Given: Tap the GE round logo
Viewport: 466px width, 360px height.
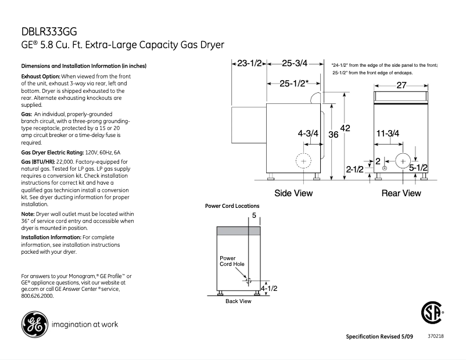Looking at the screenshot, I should tap(34, 324).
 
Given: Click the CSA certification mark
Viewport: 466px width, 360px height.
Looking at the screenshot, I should tap(431, 314).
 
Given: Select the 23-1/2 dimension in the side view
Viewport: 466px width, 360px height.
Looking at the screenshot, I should tap(250, 63).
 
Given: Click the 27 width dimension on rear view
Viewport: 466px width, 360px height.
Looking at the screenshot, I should tap(401, 85).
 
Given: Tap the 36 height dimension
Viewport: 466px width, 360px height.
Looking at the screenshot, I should tap(334, 135).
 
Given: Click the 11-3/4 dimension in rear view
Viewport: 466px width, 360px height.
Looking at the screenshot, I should tap(387, 134).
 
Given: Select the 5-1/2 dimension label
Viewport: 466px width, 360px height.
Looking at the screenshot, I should tap(418, 168).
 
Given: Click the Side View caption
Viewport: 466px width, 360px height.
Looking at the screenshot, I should tap(293, 193).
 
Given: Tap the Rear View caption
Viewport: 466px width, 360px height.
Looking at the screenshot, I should tap(401, 193).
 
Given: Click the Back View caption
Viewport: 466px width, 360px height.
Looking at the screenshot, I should tap(238, 301).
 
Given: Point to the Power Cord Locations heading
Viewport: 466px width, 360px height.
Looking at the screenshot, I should tap(232, 206).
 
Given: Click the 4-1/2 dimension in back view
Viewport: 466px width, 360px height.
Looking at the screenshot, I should tap(268, 288).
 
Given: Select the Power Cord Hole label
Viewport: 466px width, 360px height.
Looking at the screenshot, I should tap(231, 261).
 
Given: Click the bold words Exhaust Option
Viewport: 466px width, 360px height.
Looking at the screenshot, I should tap(41, 77).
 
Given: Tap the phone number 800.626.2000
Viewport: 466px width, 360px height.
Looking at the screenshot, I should tap(37, 296).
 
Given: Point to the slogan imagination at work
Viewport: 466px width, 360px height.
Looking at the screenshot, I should tap(85, 325).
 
